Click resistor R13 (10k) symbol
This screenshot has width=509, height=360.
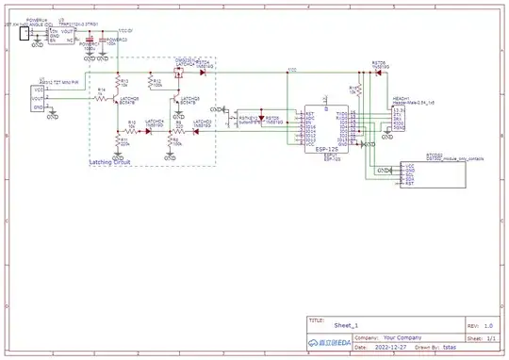(118, 83)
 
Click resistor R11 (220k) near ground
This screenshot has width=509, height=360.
(118, 141)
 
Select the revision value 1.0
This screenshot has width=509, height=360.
(488, 324)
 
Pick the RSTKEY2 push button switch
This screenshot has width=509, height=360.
(248, 121)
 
